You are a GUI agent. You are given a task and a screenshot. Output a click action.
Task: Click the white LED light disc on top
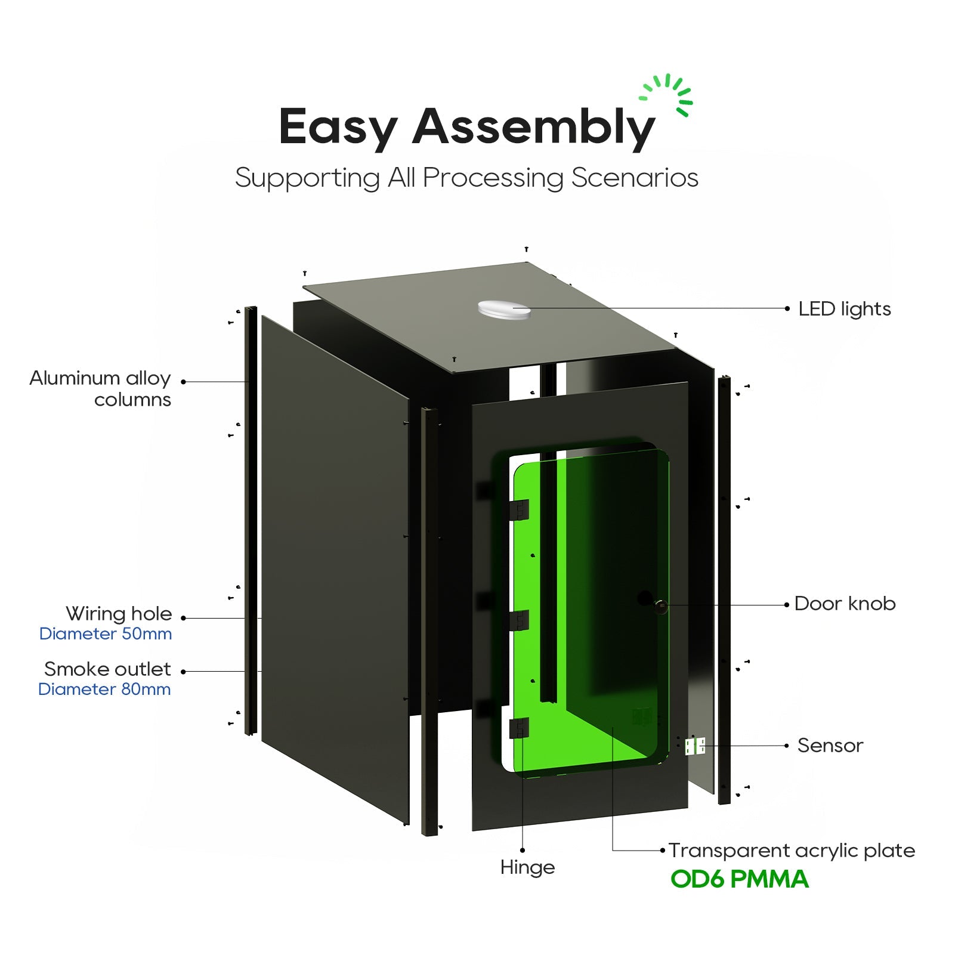(504, 310)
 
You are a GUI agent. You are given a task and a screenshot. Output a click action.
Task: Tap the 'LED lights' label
(844, 309)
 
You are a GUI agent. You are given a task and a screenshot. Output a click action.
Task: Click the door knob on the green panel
(660, 605)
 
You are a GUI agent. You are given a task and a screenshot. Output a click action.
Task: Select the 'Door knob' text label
(845, 604)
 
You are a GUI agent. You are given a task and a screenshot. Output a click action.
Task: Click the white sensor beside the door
(695, 746)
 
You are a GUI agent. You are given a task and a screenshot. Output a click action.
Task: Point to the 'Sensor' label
(830, 746)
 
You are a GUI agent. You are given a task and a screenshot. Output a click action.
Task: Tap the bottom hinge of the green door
(519, 728)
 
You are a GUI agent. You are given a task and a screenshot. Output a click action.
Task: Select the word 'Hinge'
(527, 867)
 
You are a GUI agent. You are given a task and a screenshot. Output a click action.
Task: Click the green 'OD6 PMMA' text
(740, 879)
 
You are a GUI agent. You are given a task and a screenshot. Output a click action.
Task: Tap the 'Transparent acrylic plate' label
(792, 851)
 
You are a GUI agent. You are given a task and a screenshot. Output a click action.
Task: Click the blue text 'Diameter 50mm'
(106, 633)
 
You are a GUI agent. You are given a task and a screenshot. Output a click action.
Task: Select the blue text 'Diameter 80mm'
(104, 689)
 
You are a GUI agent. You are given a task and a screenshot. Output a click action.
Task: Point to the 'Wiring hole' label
(119, 614)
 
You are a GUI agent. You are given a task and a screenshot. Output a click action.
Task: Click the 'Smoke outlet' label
(107, 669)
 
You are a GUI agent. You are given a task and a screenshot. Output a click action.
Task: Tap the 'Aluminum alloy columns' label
(100, 388)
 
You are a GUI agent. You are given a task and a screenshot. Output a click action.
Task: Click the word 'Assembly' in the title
(533, 128)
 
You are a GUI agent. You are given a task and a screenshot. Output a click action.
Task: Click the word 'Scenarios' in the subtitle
(635, 178)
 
